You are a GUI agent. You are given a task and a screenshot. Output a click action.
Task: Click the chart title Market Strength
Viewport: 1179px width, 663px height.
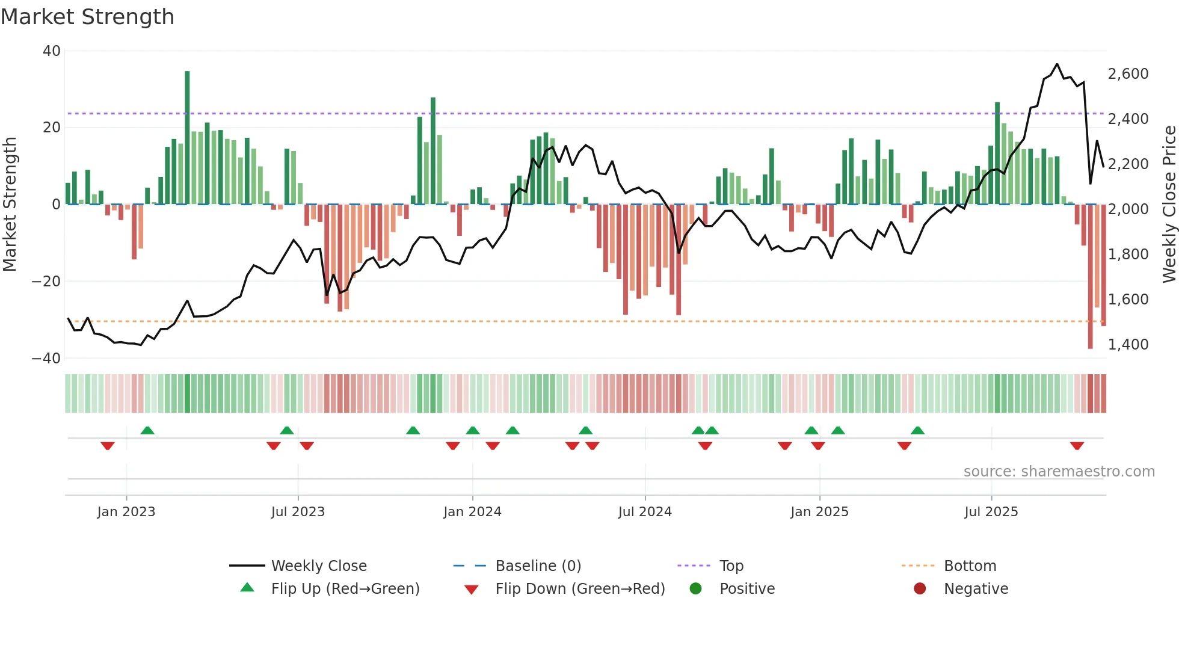(x=88, y=17)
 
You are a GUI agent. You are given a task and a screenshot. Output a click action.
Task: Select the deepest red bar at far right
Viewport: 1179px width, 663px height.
(x=1090, y=277)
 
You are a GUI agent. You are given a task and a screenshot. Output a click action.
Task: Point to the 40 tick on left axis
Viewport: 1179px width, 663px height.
(x=52, y=51)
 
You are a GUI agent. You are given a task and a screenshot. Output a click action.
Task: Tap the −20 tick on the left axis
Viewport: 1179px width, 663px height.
(x=46, y=282)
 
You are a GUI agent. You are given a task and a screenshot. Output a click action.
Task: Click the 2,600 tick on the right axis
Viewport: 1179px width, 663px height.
(x=1128, y=74)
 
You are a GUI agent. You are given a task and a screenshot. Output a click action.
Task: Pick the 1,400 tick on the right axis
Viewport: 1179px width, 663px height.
(x=1128, y=345)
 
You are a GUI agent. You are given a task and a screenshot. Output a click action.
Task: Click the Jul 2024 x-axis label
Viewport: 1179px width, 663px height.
(x=645, y=512)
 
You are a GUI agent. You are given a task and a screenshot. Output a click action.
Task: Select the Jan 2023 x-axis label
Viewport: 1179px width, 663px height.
(x=126, y=512)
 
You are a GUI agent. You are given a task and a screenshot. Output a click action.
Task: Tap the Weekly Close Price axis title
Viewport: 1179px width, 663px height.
(x=1169, y=205)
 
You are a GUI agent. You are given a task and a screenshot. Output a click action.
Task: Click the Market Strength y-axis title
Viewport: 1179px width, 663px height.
(x=10, y=205)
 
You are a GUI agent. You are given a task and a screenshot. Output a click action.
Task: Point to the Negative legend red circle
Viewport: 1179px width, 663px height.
(x=920, y=589)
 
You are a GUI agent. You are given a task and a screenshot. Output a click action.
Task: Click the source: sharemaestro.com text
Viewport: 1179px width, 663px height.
(x=1059, y=472)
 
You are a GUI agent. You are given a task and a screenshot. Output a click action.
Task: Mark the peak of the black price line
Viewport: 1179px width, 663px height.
(x=1057, y=64)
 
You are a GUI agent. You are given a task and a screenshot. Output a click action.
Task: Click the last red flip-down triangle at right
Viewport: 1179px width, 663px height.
(x=1077, y=446)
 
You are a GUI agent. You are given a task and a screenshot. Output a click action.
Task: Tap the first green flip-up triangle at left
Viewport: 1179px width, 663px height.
(x=147, y=430)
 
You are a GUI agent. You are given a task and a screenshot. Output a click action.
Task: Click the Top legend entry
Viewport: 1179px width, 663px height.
(x=731, y=566)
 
